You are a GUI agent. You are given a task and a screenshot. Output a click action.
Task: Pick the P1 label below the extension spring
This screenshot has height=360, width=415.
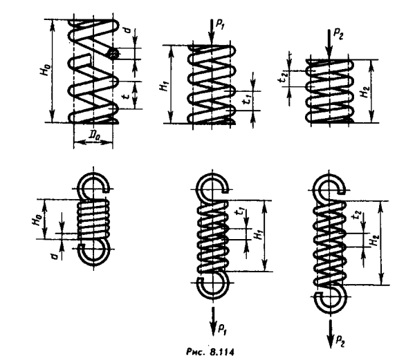[221, 323]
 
